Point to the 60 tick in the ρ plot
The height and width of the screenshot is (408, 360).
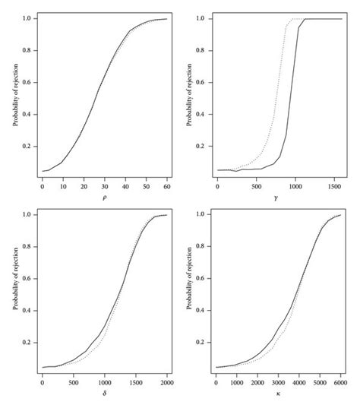[166, 185]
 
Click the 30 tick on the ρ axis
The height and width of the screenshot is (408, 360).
[104, 185]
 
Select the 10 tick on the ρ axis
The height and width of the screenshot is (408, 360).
[62, 185]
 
